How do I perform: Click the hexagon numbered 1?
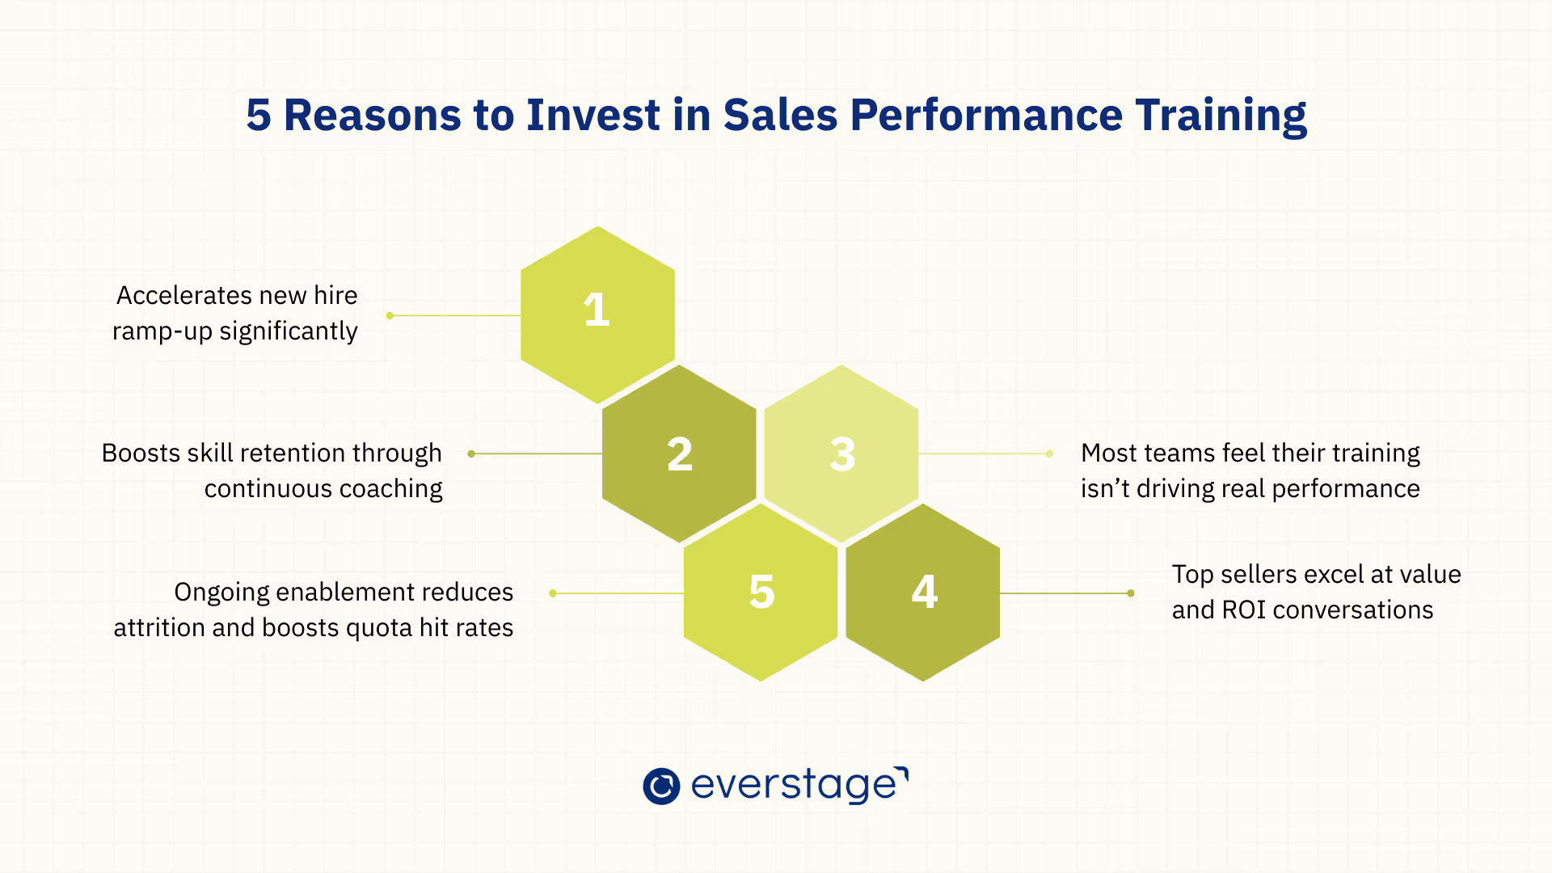tap(597, 314)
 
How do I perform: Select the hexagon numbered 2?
tap(679, 453)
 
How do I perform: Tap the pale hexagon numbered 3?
tap(841, 453)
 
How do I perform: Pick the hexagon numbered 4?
tap(923, 593)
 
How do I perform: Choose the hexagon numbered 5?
tap(761, 593)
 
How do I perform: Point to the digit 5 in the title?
tap(259, 115)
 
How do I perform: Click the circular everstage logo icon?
tap(661, 786)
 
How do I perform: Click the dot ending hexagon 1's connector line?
tap(390, 315)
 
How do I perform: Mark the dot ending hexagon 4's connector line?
tap(1131, 593)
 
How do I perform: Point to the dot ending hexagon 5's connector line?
tap(553, 593)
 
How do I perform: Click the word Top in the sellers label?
tap(1192, 576)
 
